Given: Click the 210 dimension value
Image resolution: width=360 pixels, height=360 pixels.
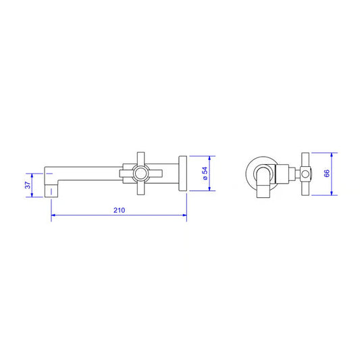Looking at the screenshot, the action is [120, 210].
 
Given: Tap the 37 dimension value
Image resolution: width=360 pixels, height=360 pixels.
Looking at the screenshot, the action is [28, 185].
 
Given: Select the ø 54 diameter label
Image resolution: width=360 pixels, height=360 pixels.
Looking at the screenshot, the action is [205, 174].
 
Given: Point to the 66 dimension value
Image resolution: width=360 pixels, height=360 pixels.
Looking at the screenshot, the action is [327, 173].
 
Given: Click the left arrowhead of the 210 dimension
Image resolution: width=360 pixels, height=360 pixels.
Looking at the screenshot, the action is [53, 215].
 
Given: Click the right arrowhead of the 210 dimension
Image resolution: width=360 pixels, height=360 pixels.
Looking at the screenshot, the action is [184, 215].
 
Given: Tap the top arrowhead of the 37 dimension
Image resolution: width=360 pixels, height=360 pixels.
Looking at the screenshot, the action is [32, 176].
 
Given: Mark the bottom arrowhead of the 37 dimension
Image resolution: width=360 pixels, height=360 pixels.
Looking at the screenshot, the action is [32, 195].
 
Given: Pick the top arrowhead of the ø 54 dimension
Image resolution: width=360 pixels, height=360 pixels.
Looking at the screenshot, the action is [209, 159].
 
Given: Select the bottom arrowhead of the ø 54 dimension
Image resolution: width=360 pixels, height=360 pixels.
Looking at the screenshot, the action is [209, 188].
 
